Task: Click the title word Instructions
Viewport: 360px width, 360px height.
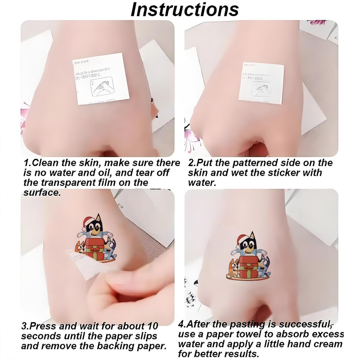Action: pos(184,10)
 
